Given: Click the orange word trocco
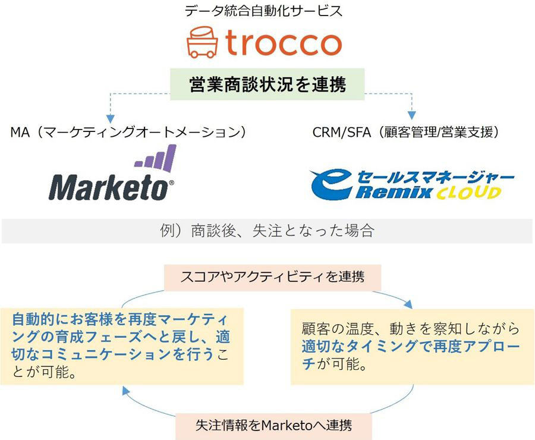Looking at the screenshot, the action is [283, 43].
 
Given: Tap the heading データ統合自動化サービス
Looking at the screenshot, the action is [263, 11].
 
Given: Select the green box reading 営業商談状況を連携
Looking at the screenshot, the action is [267, 84].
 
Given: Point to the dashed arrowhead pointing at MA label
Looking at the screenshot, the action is [110, 119].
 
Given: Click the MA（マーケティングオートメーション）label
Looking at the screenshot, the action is [128, 132].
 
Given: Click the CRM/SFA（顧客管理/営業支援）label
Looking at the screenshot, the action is [406, 132].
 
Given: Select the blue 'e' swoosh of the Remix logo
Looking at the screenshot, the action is [331, 184].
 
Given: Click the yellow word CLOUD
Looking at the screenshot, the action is [469, 193].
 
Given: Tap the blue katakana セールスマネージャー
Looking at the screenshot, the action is [435, 177].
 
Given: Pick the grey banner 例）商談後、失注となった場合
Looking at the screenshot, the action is [267, 231].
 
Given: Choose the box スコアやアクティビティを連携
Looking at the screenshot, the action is [273, 277].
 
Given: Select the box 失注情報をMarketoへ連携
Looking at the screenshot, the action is [273, 426].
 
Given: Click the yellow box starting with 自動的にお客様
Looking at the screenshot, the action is [122, 346].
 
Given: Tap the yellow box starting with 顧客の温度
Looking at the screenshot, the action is [413, 347].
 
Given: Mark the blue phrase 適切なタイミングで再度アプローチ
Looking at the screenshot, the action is [410, 355].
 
